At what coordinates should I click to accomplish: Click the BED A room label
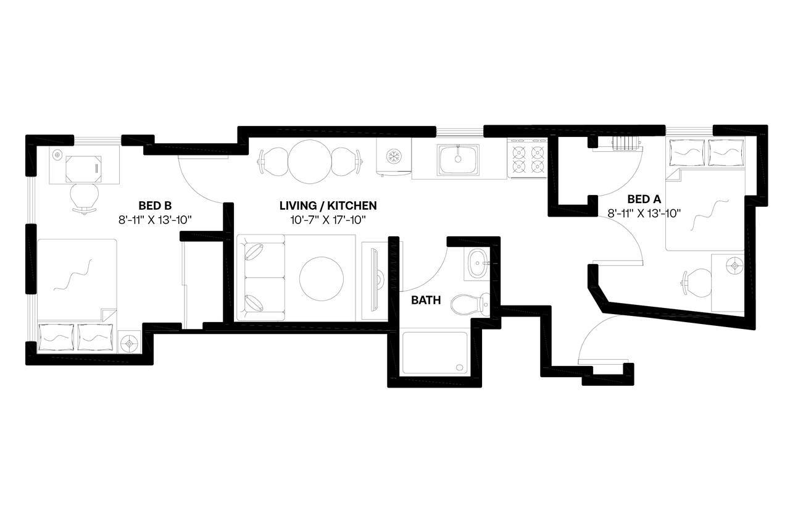(644, 199)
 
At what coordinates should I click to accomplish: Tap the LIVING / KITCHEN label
(328, 206)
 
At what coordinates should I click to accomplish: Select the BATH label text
(426, 301)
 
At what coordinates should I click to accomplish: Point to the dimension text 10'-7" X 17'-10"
(328, 219)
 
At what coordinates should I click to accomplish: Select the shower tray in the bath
(434, 352)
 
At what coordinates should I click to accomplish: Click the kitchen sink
(457, 159)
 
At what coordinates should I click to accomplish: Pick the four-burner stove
(528, 159)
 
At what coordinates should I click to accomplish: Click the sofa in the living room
(260, 278)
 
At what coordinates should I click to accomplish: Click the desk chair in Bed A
(694, 283)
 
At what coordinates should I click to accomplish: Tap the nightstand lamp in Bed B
(130, 341)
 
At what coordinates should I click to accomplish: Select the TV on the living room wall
(374, 278)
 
